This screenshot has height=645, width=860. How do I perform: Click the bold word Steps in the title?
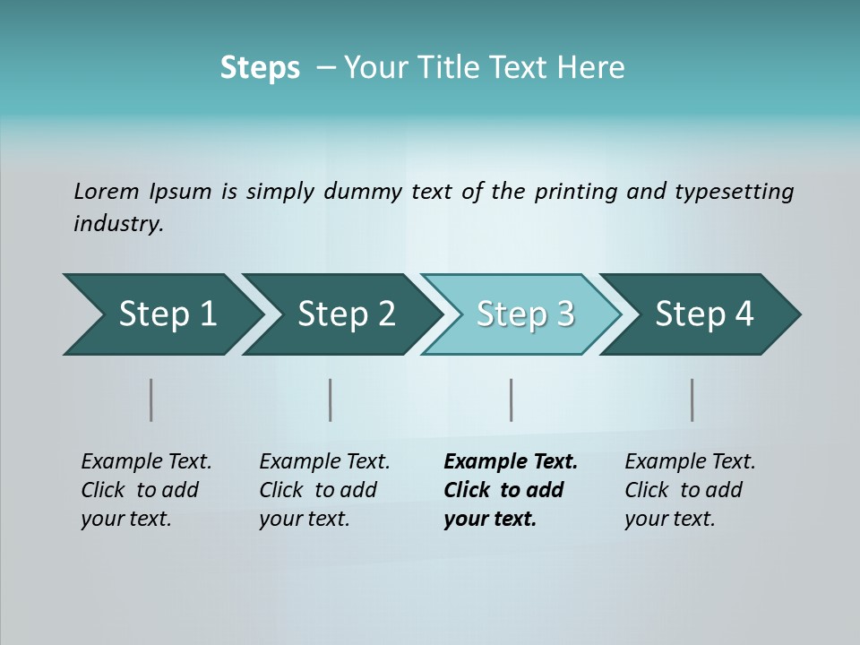pos(260,68)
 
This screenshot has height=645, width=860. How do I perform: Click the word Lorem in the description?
pos(107,192)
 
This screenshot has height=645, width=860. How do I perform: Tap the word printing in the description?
pos(576,192)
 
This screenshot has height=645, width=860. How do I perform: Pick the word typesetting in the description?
pos(734,192)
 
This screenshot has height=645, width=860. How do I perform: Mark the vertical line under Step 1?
pos(151,400)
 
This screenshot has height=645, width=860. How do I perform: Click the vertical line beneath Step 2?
pos(331,400)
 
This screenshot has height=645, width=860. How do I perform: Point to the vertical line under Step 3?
pos(512,400)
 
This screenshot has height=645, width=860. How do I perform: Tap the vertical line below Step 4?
pos(692,400)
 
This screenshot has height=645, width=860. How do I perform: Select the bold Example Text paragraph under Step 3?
pos(510,490)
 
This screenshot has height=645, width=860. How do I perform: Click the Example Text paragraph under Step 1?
pos(146,490)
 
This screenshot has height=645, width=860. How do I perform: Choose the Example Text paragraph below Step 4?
pos(690,490)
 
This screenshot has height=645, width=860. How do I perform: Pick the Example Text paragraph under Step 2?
pos(324,490)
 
